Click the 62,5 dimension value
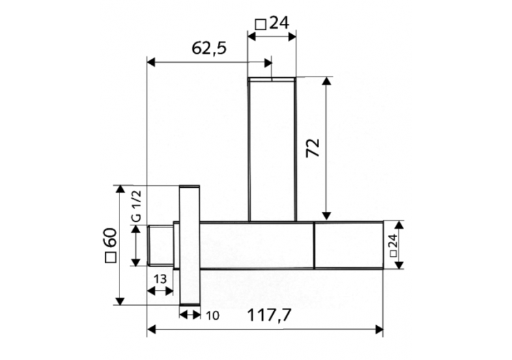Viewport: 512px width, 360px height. tap(210, 48)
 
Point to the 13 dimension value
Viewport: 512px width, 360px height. tap(160, 279)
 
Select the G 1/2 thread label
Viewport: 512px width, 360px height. tap(136, 205)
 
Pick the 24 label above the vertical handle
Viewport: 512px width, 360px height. tap(279, 23)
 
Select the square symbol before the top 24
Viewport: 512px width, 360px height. tap(260, 24)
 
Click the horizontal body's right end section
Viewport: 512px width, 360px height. tap(348, 245)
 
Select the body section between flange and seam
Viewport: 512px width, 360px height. tap(257, 245)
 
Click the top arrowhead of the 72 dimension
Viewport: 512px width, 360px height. tap(327, 83)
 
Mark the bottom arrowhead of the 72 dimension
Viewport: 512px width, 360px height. tap(327, 215)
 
